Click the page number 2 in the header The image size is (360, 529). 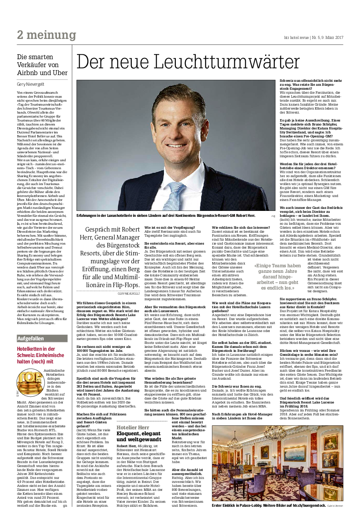(20, 35)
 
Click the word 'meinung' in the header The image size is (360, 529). (51, 35)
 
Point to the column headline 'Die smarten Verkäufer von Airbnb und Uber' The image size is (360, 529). (42, 65)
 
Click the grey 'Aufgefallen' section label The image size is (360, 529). (31, 338)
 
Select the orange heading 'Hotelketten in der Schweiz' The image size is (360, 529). (40, 355)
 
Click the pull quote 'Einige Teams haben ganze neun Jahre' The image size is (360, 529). (277, 276)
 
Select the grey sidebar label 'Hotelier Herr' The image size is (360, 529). (133, 428)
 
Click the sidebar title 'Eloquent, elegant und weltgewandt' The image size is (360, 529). (139, 436)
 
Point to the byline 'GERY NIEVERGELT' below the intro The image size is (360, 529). (129, 293)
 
